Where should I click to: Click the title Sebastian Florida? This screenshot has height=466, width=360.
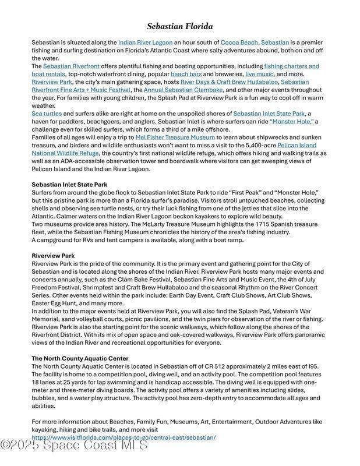179,26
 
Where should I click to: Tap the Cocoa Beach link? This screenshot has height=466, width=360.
239,43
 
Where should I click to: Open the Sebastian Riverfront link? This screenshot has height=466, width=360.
70,66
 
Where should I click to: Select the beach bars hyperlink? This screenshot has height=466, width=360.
186,75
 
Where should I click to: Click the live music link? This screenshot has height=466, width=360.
259,75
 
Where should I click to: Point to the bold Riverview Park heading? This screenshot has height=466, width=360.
53,256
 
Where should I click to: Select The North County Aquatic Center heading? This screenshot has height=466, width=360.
80,358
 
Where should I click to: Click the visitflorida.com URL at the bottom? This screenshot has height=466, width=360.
123,437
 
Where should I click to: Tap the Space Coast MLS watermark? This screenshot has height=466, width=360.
75,446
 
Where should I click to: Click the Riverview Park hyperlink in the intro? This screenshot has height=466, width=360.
52,83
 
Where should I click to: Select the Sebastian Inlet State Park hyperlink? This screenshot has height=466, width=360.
269,114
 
